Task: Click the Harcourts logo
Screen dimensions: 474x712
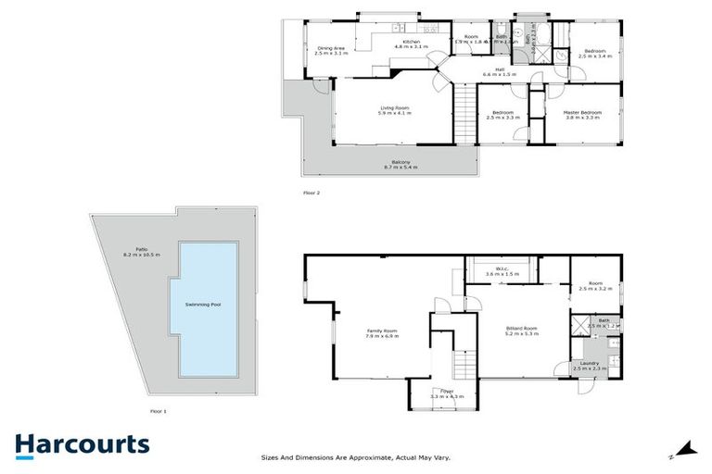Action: (82, 444)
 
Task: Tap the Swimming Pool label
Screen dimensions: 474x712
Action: (208, 305)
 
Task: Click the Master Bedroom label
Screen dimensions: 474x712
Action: (581, 112)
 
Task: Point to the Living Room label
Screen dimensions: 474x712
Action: (394, 107)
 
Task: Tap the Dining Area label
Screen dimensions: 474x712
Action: (331, 48)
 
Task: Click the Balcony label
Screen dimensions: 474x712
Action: (400, 162)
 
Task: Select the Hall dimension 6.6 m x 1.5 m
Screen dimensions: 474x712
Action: (499, 74)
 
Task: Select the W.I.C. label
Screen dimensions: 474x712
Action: (502, 269)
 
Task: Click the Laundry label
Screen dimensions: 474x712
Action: (589, 363)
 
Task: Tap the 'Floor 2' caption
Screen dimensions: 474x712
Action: (311, 193)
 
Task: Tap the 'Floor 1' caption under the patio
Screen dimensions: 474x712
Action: (158, 409)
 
